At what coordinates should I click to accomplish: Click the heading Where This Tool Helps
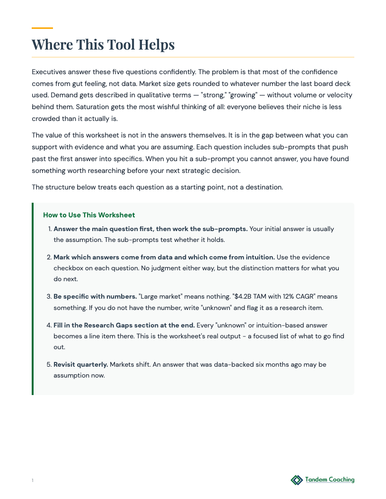coord(103,44)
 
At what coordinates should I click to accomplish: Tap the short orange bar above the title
coord(42,28)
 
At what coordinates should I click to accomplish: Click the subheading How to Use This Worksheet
coord(89,215)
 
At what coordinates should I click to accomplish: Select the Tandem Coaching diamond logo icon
coord(296,480)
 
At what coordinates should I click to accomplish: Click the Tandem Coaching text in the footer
coord(330,480)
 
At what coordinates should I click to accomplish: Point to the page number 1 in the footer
coord(33,481)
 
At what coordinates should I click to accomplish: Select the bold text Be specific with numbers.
coord(95,297)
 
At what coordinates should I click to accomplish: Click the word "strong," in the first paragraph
coord(213,95)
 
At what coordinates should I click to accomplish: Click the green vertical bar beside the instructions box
coord(33,299)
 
